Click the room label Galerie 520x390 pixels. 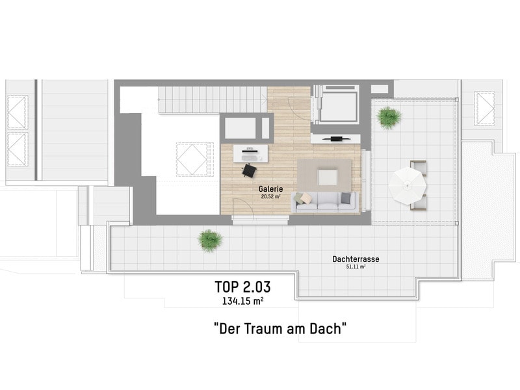click(x=270, y=188)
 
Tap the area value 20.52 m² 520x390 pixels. click(x=270, y=196)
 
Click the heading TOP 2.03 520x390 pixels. click(x=243, y=287)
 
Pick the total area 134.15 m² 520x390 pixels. click(x=242, y=300)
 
